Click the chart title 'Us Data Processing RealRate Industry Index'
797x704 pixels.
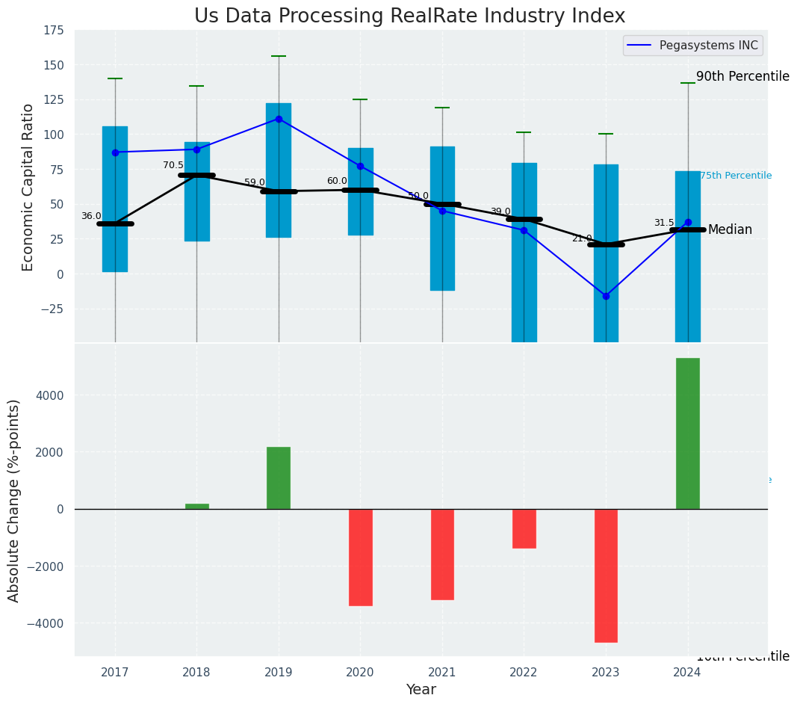tap(409, 16)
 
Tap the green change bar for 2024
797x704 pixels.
tap(687, 433)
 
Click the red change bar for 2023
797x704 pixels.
tap(606, 575)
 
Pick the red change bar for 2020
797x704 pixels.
tap(360, 557)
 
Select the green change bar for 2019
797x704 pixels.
tap(279, 478)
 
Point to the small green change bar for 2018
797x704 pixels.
tap(197, 507)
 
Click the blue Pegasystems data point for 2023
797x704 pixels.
tap(606, 296)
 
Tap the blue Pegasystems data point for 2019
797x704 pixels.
tap(279, 119)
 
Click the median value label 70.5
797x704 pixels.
tap(173, 165)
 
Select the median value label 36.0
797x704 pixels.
tap(91, 216)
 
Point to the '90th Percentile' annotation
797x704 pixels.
tap(742, 76)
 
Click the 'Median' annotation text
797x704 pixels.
tap(730, 230)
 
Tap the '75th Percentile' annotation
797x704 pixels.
tap(736, 176)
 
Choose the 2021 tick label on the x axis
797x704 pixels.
tap(442, 673)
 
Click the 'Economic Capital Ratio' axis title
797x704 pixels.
tap(28, 187)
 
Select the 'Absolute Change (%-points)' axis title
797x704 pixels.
tap(14, 500)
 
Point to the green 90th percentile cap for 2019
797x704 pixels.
tap(279, 56)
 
